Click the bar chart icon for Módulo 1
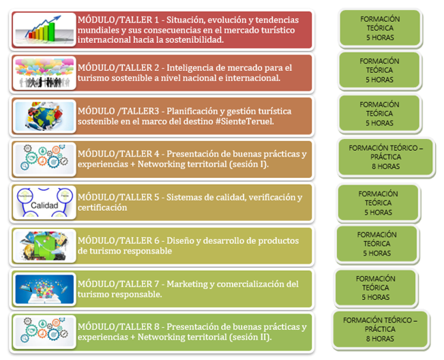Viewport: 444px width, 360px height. (44, 30)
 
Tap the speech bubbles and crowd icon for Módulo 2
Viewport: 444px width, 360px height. (44, 73)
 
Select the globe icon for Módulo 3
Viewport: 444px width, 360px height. (44, 117)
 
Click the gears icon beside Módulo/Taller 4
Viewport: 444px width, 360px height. (44, 160)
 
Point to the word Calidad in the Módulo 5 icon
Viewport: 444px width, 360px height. (44, 205)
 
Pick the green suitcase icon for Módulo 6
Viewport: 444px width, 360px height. (44, 246)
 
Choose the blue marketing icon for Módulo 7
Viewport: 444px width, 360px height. (44, 289)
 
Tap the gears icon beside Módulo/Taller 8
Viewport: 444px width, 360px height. (44, 332)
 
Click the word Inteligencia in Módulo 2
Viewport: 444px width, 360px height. (190, 68)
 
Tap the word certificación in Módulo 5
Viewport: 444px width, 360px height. (102, 208)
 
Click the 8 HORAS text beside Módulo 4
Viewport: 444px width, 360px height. (385, 166)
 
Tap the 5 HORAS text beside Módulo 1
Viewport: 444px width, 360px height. (380, 37)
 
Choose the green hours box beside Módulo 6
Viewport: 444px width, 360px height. (377, 243)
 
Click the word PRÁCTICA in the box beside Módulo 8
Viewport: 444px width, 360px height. (380, 329)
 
